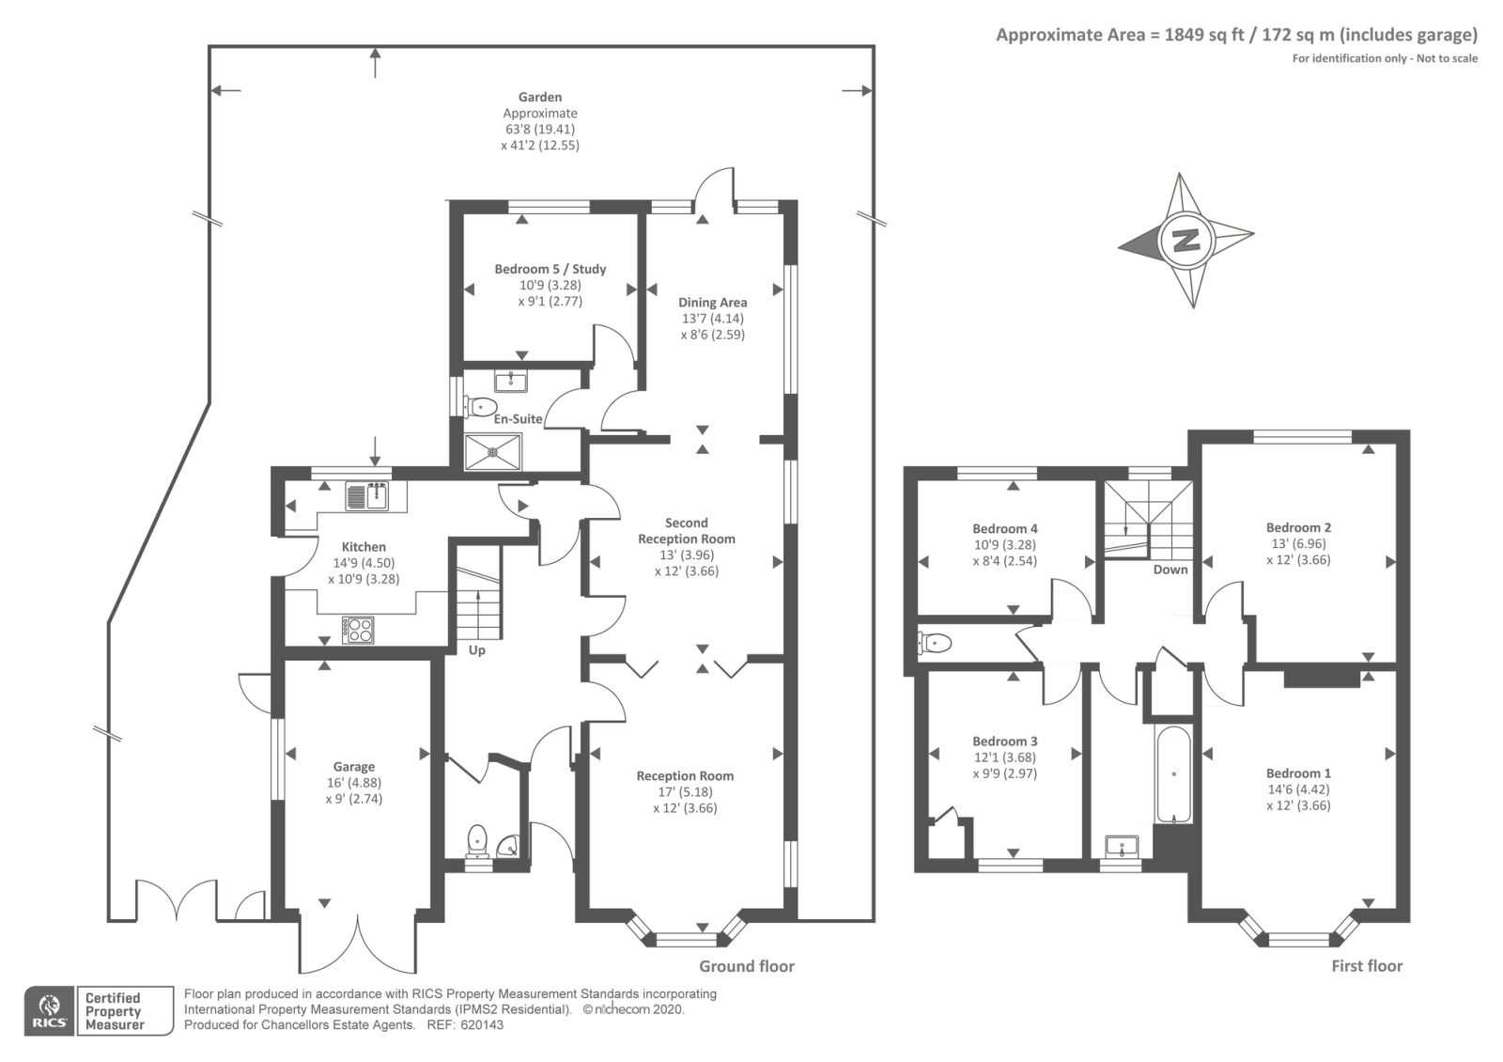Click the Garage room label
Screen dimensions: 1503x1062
tap(354, 767)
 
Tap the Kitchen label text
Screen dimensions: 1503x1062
tap(364, 547)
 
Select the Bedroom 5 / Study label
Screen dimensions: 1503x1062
tap(550, 269)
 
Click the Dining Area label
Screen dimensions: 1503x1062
tap(713, 303)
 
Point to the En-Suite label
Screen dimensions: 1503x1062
tap(519, 418)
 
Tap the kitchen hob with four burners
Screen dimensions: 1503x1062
tap(359, 629)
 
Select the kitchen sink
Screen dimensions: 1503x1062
tap(366, 494)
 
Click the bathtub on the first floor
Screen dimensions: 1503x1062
tap(1173, 773)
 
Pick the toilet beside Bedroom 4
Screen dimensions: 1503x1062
tap(935, 643)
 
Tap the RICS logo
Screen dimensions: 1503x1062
tap(49, 1011)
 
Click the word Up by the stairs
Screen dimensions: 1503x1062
tap(477, 650)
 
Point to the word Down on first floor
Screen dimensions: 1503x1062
tap(1170, 570)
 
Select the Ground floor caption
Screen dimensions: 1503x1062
tap(747, 966)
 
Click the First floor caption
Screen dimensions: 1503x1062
tap(1367, 966)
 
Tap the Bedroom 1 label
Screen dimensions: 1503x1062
tap(1298, 773)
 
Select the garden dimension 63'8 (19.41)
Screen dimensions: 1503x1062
tap(540, 130)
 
